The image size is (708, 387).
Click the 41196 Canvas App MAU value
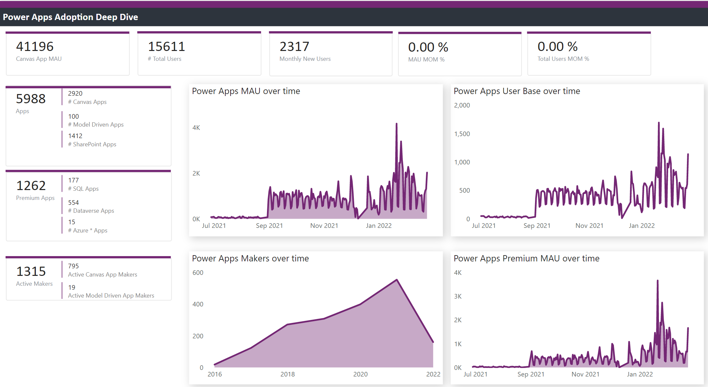pos(35,47)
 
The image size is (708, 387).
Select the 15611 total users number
pos(166,47)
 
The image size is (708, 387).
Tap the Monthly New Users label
pos(305,59)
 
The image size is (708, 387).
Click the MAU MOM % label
pos(426,60)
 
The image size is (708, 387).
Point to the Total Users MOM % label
pos(563,59)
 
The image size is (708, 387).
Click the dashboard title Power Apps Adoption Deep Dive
pos(70,17)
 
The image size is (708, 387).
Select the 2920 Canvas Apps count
pos(75,94)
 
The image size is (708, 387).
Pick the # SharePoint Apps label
pos(92,144)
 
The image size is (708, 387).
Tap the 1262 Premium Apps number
pos(31,186)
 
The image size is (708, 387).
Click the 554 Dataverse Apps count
pos(73,203)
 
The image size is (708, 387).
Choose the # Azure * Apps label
pos(87,230)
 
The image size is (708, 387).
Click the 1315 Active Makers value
pos(31,272)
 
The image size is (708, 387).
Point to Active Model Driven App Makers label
pos(111,296)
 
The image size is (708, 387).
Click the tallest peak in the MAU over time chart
pos(397,124)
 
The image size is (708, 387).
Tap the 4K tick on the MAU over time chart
pos(196,128)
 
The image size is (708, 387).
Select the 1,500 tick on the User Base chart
pos(462,134)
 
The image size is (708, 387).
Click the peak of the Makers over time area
pos(397,280)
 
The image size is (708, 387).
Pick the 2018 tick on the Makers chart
pos(287,374)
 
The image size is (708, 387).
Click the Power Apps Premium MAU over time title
pos(526,258)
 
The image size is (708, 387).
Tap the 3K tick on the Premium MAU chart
pos(457,296)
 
